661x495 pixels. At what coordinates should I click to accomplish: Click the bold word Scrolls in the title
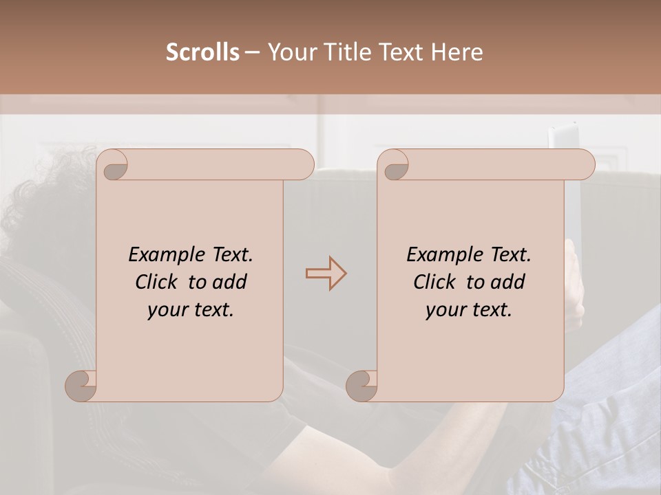pos(202,52)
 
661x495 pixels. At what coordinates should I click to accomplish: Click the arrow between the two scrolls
pos(326,273)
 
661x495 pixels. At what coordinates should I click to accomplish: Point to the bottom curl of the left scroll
pos(81,386)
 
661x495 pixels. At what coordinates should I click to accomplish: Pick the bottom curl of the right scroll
pos(361,386)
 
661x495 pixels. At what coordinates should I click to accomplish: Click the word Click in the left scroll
pos(156,282)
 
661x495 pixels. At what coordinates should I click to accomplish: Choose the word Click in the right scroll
pos(434,282)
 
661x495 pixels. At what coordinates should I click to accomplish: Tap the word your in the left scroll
pos(167,310)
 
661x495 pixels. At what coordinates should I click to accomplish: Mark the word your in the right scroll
pos(445,310)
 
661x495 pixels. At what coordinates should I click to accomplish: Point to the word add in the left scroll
pos(231,282)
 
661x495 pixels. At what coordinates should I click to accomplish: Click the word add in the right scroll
pos(509,282)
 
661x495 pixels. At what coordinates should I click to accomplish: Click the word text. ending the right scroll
pos(491,310)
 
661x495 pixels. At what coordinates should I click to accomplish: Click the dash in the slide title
pos(252,53)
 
